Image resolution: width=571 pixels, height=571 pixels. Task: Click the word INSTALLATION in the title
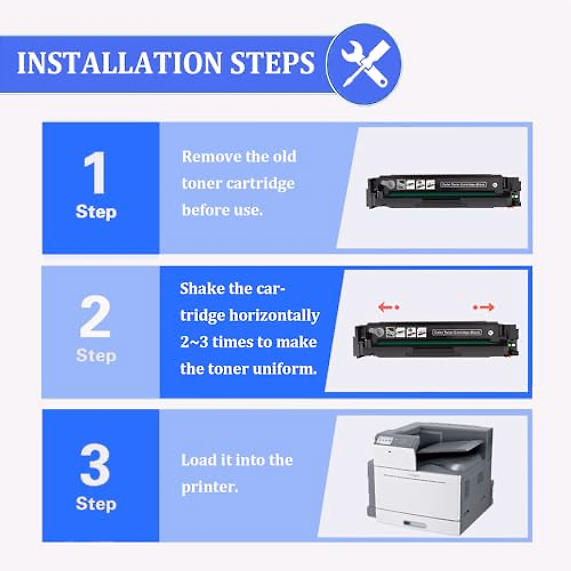tap(119, 63)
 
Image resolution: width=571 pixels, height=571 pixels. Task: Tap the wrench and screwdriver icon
tap(364, 64)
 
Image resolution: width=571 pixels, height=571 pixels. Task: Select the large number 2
tap(95, 317)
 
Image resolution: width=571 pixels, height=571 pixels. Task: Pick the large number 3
tap(95, 465)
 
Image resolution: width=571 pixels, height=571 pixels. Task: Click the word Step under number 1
tap(96, 212)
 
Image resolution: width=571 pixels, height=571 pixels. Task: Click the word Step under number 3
tap(96, 503)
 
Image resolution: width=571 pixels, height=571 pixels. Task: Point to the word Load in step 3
tap(197, 460)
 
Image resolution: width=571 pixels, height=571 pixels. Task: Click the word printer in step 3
tap(209, 487)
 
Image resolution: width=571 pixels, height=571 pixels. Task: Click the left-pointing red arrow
tap(388, 307)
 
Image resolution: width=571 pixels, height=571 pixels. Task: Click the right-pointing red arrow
tap(484, 307)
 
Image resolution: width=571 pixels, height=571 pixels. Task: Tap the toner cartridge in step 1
tap(443, 191)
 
